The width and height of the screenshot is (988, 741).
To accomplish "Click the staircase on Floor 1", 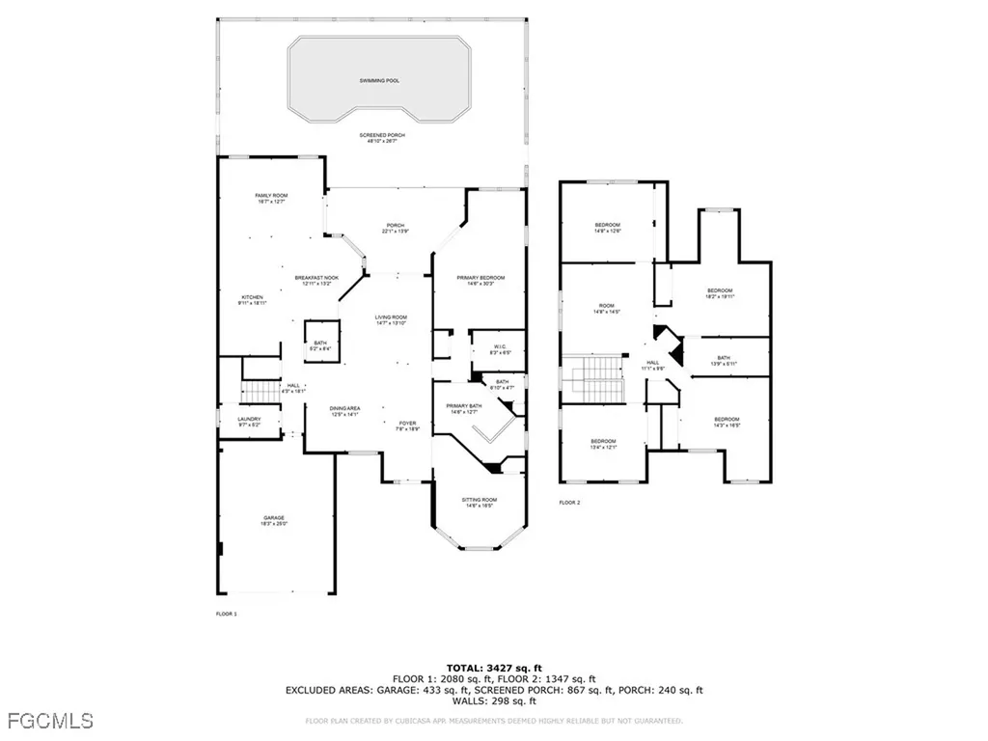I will [258, 392].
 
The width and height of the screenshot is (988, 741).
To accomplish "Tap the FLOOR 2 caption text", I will [570, 502].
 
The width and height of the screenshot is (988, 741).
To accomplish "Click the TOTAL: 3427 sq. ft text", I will [493, 667].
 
